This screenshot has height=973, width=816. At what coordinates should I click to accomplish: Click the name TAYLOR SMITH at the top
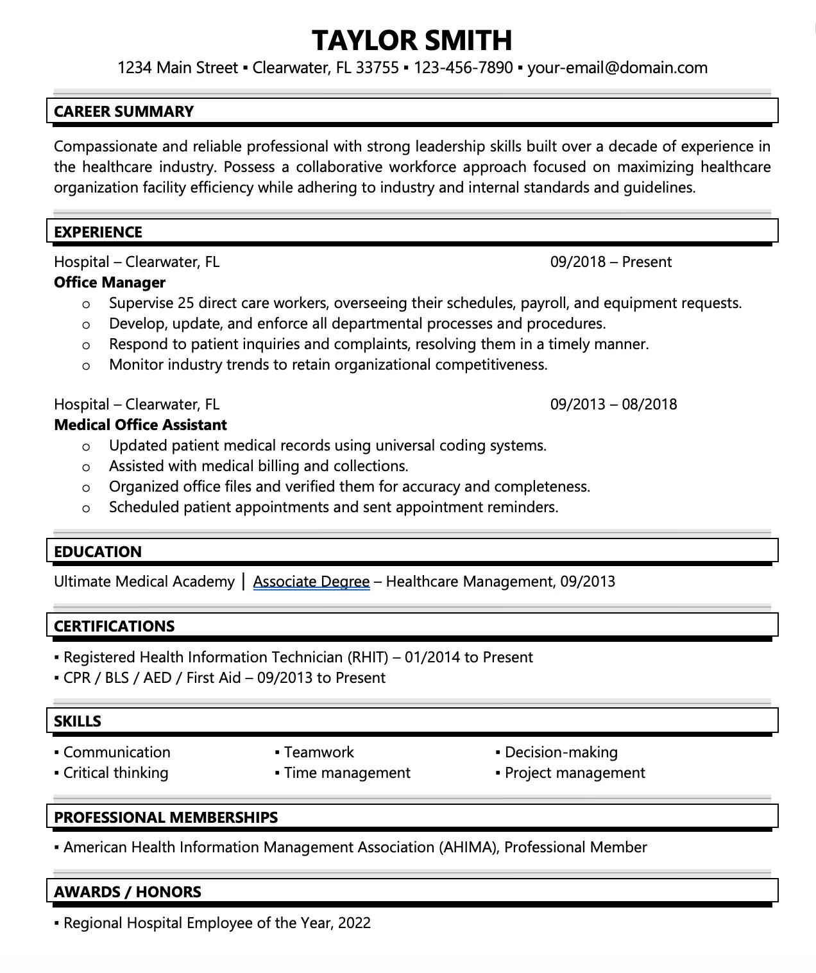(x=412, y=40)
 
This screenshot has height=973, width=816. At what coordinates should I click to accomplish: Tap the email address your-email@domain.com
(x=617, y=68)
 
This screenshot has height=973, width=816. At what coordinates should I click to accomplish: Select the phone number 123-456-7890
(x=463, y=68)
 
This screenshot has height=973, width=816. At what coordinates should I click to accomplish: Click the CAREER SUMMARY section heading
(x=124, y=112)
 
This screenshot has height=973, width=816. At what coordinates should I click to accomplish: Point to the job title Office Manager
(x=110, y=282)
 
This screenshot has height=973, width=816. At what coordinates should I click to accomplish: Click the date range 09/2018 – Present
(x=611, y=262)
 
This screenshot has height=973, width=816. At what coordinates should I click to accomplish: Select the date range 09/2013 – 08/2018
(x=613, y=404)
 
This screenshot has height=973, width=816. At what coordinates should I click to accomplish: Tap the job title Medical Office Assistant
(x=140, y=425)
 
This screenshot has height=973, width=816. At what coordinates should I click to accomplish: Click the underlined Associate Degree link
(x=311, y=581)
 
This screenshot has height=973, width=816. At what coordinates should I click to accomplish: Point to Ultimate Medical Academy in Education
(x=144, y=581)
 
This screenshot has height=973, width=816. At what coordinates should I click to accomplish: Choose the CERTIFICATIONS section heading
(x=114, y=626)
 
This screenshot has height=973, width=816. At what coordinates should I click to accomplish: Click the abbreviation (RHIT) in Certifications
(x=368, y=657)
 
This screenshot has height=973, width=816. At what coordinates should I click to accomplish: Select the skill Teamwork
(x=319, y=752)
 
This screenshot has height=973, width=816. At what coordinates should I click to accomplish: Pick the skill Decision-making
(x=561, y=752)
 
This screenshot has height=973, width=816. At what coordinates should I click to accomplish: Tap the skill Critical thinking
(x=116, y=773)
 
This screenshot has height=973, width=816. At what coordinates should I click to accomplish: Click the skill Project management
(x=575, y=773)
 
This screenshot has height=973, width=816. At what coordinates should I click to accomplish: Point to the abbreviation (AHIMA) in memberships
(x=468, y=847)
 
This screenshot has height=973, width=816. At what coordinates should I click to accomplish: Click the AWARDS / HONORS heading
(x=128, y=892)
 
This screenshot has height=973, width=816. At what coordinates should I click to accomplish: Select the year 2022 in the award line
(x=354, y=923)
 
